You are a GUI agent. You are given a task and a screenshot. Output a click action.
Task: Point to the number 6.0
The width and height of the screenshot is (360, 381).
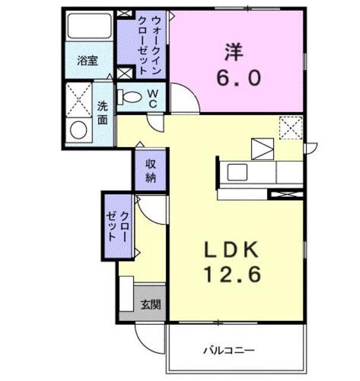(237, 79)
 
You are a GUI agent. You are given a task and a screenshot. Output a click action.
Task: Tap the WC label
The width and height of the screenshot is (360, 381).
(153, 98)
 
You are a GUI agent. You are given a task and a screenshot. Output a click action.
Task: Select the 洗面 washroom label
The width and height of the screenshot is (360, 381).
(102, 113)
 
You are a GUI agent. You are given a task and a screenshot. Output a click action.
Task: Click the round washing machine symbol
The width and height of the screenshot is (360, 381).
(78, 129)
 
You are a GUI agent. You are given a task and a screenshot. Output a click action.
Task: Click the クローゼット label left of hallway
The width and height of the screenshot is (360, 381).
(118, 226)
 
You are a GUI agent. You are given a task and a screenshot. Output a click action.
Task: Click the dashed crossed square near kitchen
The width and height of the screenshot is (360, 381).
(291, 127)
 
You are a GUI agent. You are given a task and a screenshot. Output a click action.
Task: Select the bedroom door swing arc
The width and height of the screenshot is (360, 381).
(183, 96)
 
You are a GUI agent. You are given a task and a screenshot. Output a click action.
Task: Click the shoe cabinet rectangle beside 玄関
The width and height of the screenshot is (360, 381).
(127, 294)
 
